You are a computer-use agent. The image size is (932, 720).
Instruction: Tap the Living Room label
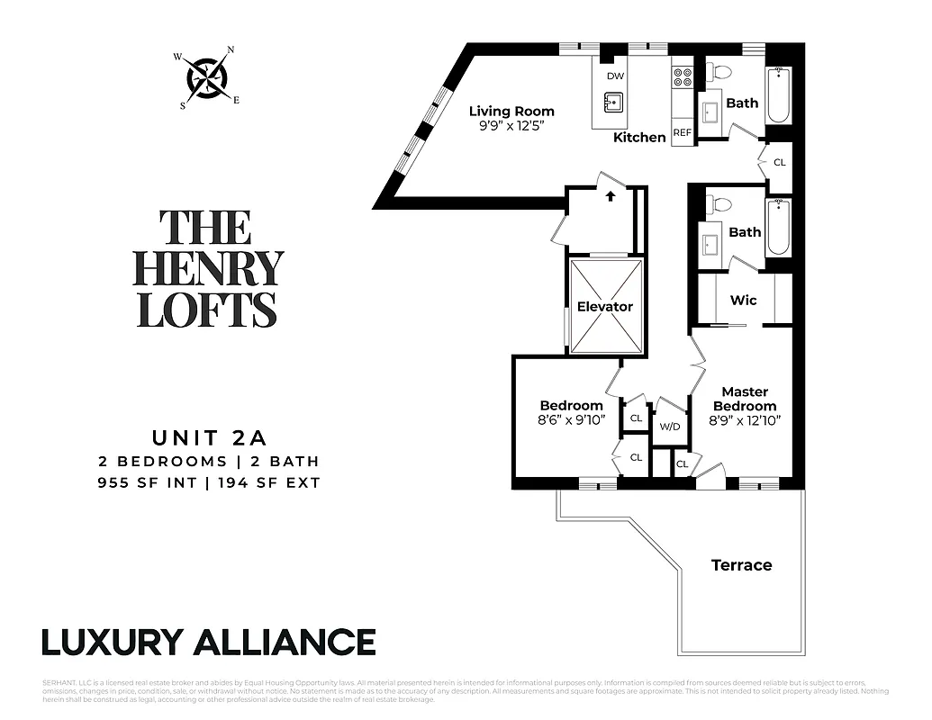point(511,112)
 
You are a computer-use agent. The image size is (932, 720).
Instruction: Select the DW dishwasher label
point(615,76)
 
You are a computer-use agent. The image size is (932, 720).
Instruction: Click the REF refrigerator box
point(683,132)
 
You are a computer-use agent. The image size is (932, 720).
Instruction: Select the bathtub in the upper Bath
point(777,95)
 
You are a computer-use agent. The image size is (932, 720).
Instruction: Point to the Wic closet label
point(743,300)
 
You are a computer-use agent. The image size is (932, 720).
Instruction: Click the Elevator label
point(605,306)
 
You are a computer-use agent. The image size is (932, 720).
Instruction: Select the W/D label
point(669,426)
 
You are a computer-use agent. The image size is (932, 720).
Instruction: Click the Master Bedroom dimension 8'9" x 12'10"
point(745,419)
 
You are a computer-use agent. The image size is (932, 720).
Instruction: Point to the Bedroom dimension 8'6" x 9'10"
point(572,419)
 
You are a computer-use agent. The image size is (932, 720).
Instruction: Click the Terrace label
point(741,565)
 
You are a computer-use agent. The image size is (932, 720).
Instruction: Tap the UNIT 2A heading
point(209,438)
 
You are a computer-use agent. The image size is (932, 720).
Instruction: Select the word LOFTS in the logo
point(207,309)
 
